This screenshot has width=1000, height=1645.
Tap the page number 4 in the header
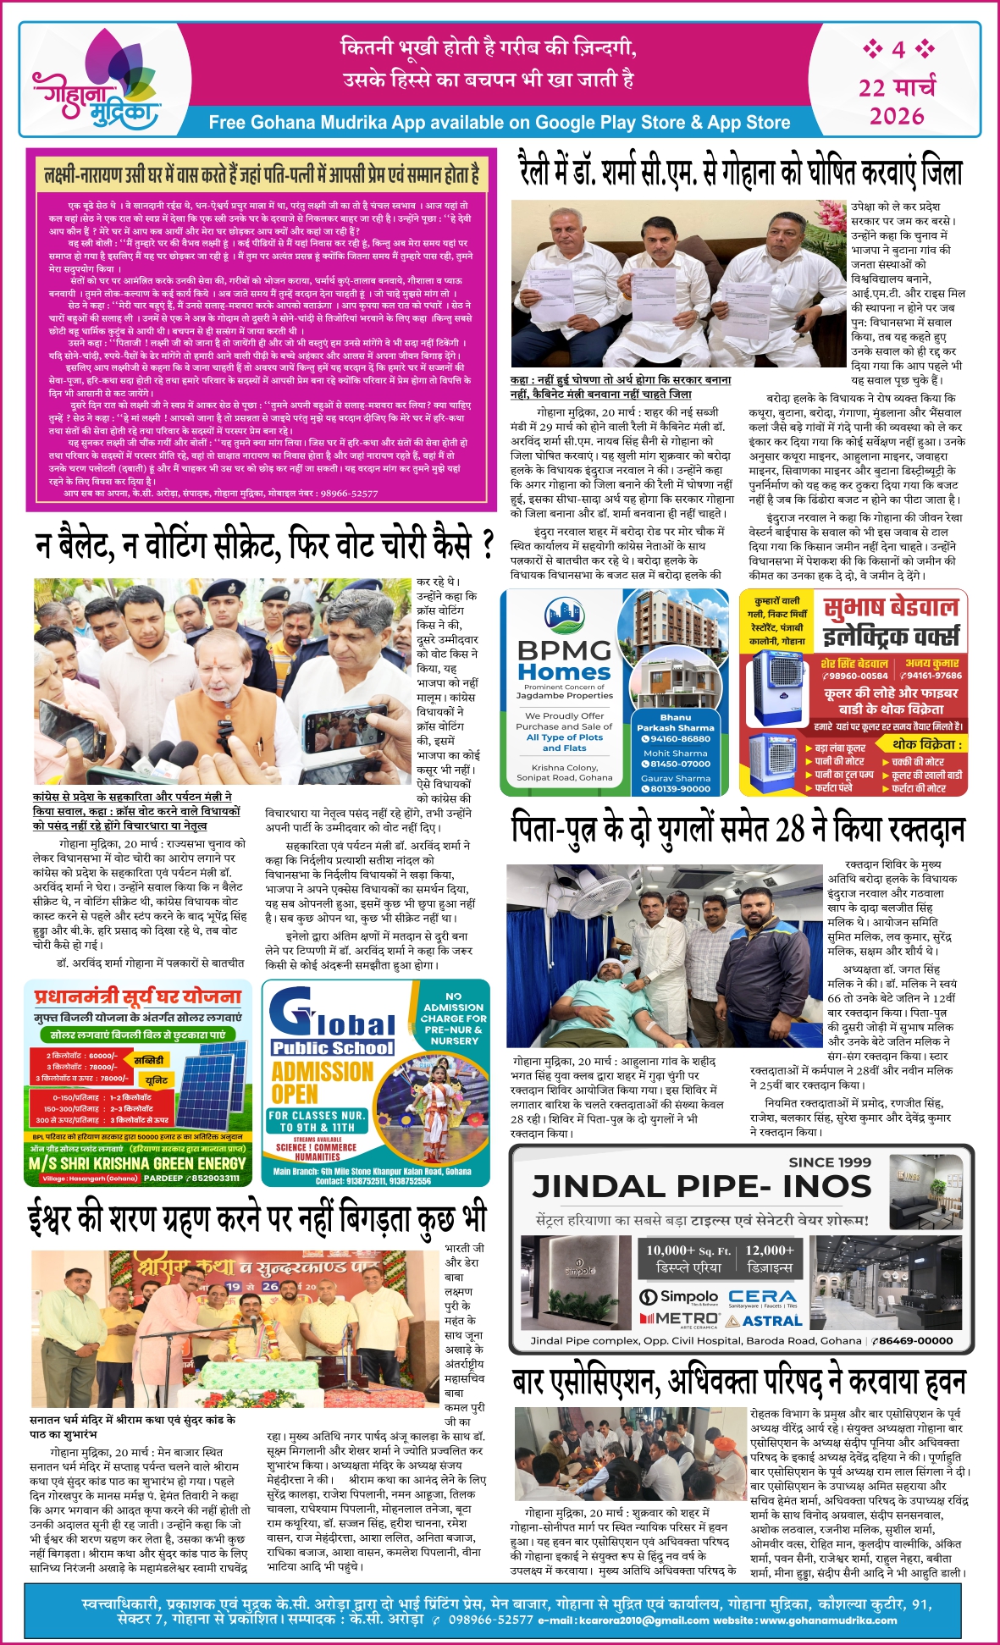point(898,49)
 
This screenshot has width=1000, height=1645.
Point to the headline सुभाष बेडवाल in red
point(891,607)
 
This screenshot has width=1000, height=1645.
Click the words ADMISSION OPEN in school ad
point(322,1082)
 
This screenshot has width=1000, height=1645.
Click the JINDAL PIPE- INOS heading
point(701,1187)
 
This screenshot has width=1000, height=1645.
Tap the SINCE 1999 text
point(829,1162)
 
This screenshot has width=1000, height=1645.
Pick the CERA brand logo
point(762,1296)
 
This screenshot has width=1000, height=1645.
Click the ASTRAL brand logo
point(762,1320)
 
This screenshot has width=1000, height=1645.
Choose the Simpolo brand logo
point(678,1297)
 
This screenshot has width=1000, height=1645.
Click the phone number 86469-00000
point(913,1340)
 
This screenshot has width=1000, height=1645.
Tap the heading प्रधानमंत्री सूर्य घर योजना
point(138,996)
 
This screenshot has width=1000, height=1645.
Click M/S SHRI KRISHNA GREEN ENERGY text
point(136,1163)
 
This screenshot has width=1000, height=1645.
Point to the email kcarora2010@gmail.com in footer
point(644,1620)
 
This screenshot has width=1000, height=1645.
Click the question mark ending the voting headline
point(487,544)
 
